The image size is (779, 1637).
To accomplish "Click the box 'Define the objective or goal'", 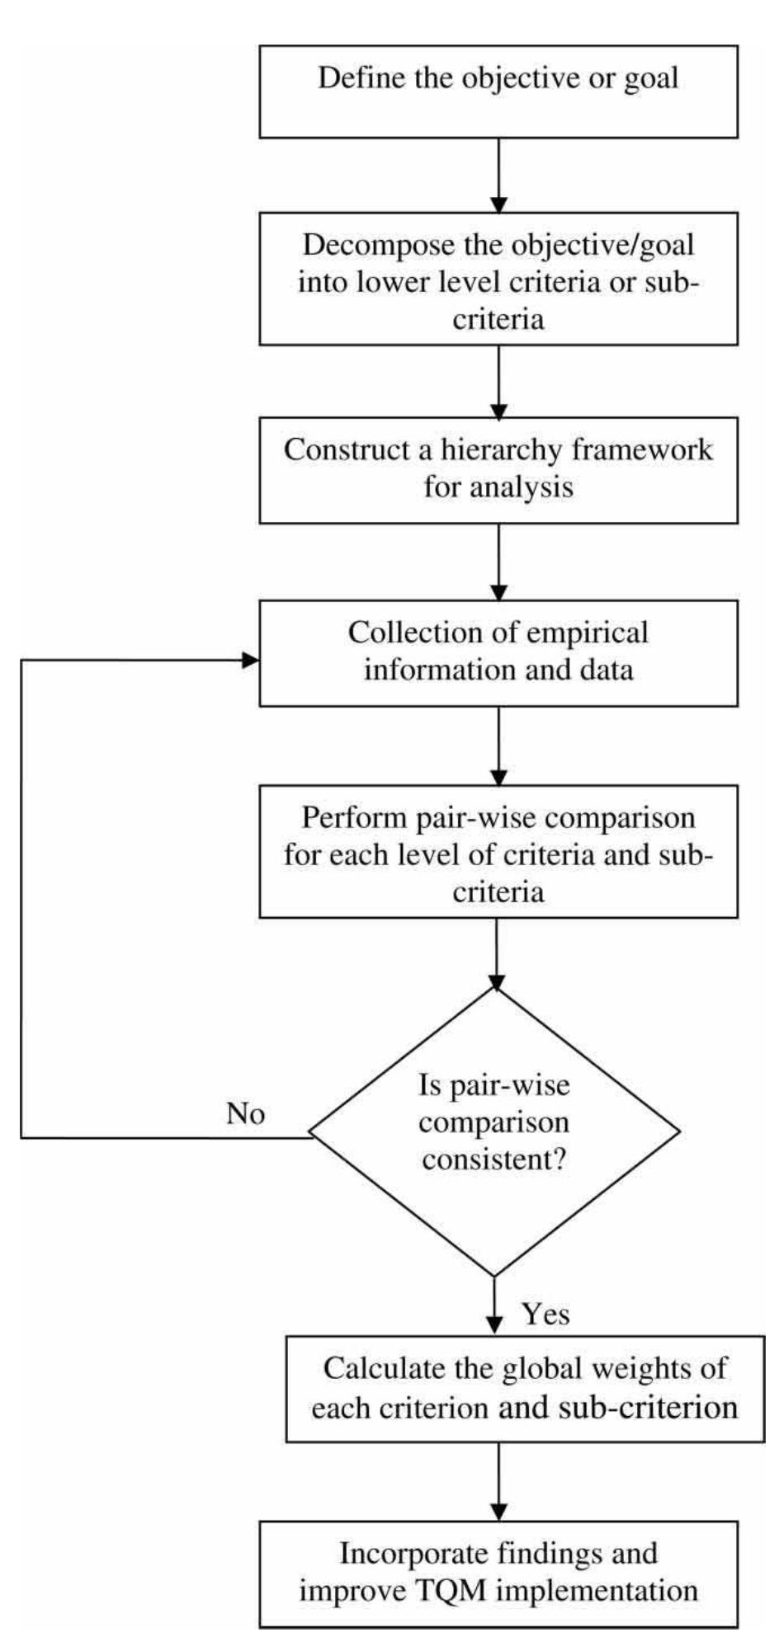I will [x=498, y=91].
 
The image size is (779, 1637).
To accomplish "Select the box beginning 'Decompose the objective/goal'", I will [x=498, y=279].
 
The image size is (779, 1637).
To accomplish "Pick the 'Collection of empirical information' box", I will [x=498, y=652].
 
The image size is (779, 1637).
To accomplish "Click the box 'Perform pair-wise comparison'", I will [x=498, y=852].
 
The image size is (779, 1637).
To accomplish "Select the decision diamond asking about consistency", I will [x=494, y=1131].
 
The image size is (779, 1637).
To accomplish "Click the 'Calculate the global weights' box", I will [x=525, y=1389].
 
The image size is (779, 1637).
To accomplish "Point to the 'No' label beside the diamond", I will [x=246, y=1114].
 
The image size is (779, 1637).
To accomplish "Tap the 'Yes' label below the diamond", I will [x=546, y=1314].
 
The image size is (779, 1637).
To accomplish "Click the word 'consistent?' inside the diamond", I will [x=493, y=1160].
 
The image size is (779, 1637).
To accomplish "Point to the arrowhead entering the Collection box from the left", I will [x=251, y=660].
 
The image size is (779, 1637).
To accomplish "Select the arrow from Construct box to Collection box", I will [x=498, y=562].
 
